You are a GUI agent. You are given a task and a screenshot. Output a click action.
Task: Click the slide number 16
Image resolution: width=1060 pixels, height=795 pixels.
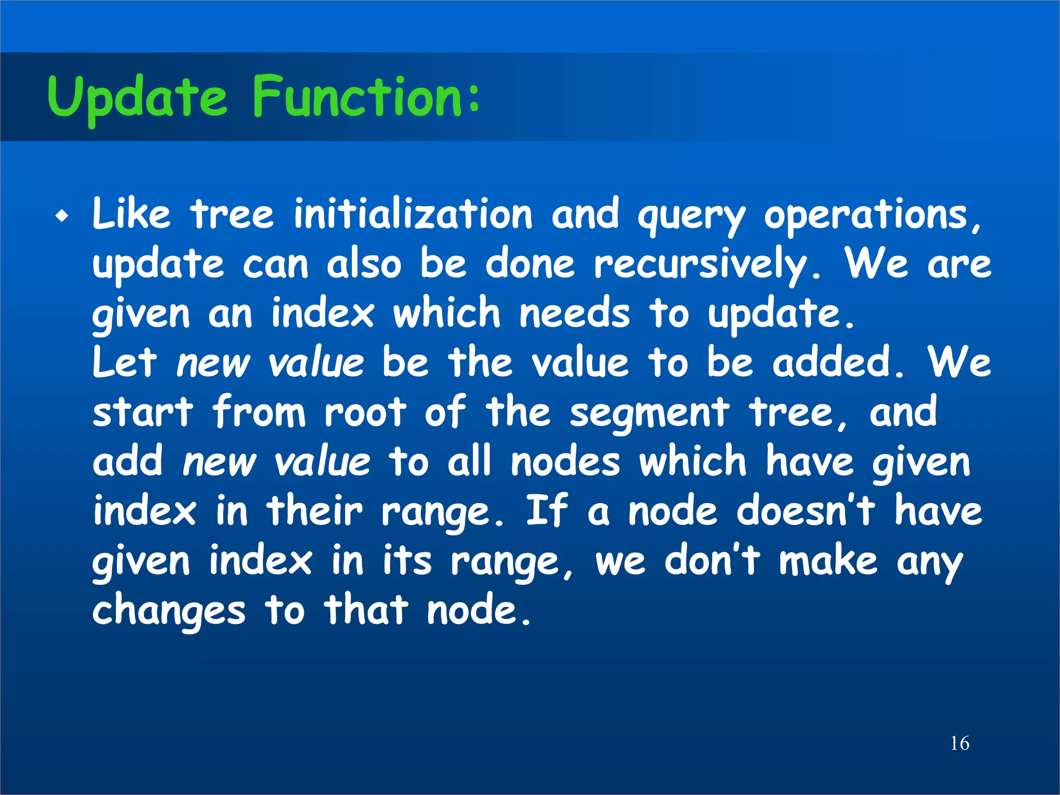point(960,743)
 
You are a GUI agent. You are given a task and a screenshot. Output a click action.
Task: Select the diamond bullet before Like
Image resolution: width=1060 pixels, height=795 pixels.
point(62,216)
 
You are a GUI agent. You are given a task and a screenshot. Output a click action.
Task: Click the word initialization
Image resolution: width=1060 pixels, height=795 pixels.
point(413,214)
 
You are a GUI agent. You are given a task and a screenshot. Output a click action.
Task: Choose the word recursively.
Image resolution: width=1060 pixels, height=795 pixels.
point(706,265)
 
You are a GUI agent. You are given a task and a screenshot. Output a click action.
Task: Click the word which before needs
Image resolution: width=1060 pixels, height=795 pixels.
point(446,313)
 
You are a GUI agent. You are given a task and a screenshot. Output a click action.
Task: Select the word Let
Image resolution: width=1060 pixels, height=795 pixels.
point(124,362)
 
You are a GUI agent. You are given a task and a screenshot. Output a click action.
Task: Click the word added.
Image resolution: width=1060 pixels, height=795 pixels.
point(838,362)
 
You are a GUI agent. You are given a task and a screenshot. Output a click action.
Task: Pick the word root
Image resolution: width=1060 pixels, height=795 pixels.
point(365,412)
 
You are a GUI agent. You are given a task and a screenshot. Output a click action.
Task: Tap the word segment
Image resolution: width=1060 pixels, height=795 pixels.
point(649,414)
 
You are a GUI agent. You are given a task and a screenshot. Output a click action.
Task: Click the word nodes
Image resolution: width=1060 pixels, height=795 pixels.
point(565,461)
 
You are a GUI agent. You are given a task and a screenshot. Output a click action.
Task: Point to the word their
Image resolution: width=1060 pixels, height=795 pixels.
point(314,511)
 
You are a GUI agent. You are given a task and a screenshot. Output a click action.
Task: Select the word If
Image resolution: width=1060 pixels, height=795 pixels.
point(547,511)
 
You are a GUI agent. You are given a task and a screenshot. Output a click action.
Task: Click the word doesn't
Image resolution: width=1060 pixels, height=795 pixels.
point(805,511)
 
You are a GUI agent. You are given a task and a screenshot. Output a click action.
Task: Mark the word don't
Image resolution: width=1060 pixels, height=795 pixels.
point(712,561)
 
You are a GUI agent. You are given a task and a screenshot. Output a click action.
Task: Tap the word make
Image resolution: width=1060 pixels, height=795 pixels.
point(828,561)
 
